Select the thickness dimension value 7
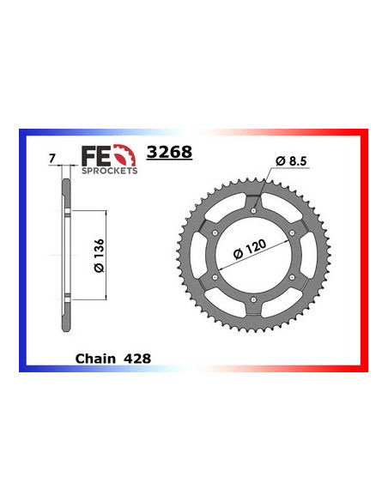click(x=52, y=158)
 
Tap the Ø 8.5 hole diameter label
click(x=292, y=159)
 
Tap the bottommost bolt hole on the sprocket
click(x=253, y=300)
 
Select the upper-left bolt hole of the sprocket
click(x=213, y=229)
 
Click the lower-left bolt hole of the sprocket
click(x=213, y=276)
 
